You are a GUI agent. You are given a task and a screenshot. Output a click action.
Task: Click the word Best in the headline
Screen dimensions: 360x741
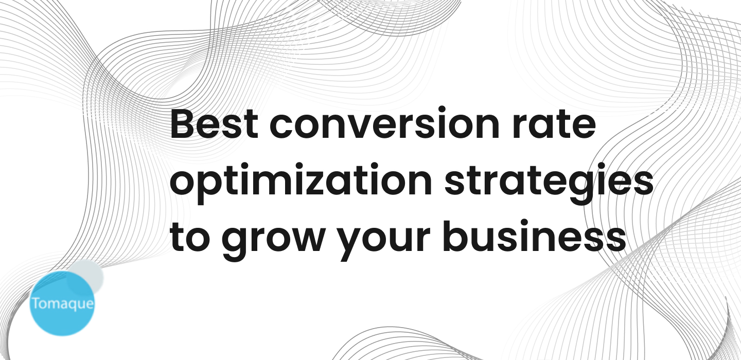pyautogui.click(x=214, y=125)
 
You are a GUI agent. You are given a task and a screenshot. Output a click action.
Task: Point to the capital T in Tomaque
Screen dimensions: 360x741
pyautogui.click(x=36, y=302)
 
